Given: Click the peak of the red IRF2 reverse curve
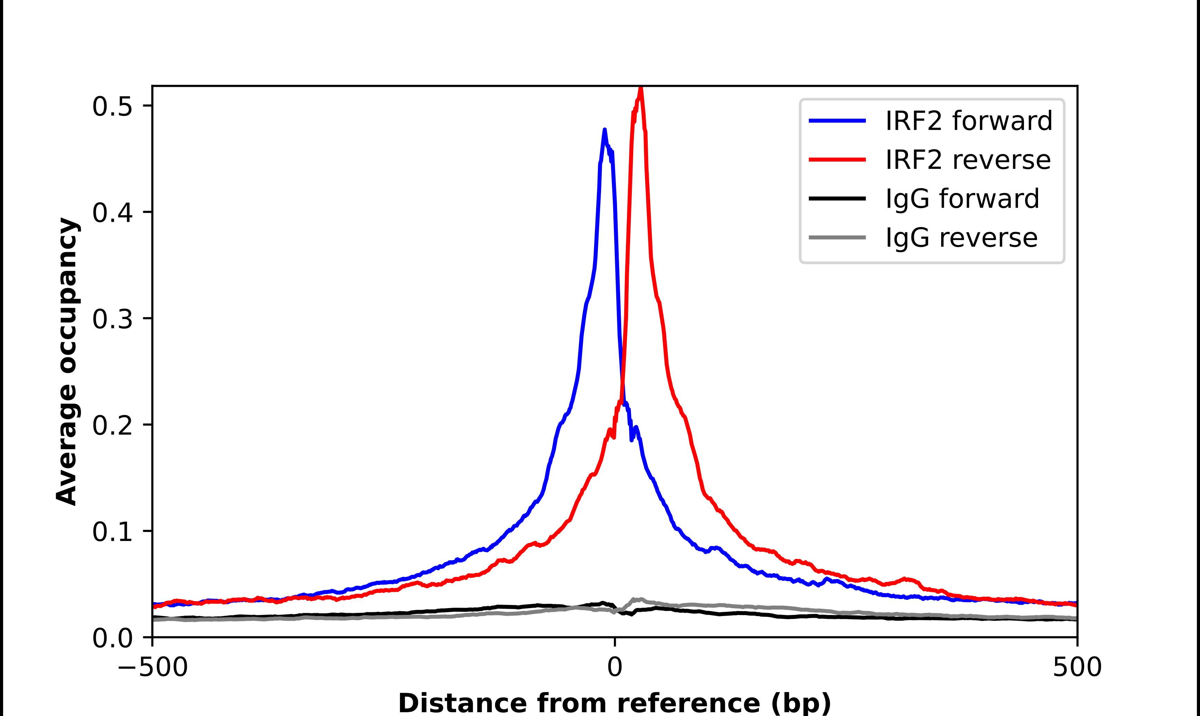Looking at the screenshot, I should click(641, 88).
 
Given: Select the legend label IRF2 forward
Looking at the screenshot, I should click(969, 121).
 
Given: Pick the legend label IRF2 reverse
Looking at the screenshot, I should click(967, 160).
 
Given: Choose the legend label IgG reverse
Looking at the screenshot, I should click(961, 237).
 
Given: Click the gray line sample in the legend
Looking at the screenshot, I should click(837, 237).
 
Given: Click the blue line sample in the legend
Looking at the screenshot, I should click(837, 121).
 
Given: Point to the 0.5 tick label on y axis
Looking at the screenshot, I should click(112, 107).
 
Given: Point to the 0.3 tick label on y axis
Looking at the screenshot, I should click(112, 319).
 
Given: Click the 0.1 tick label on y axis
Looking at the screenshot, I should click(112, 532).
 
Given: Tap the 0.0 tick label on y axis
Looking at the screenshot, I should click(112, 638).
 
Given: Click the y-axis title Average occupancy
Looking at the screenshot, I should click(66, 362).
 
